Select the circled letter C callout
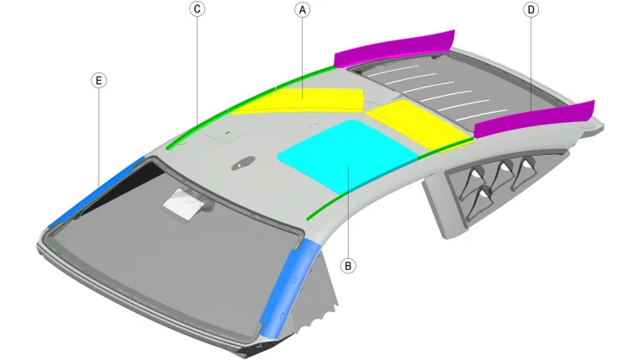click(x=197, y=9)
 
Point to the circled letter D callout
click(x=531, y=9)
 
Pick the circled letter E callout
click(x=98, y=81)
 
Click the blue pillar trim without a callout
click(x=289, y=282)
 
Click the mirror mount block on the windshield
click(x=185, y=202)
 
